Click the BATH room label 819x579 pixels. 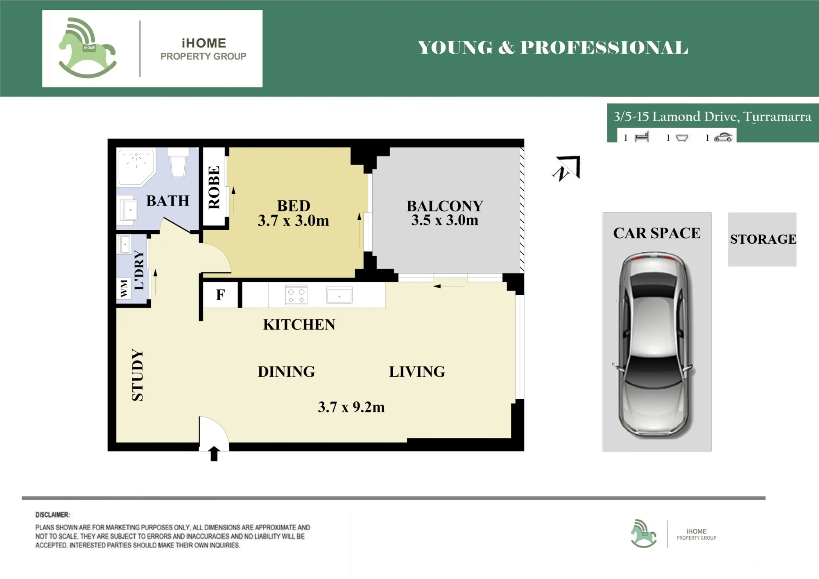pos(168,201)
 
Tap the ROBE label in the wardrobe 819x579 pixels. pos(214,187)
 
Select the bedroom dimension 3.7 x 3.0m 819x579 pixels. pos(293,221)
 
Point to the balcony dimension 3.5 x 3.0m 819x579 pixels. pos(445,220)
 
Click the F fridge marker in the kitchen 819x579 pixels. pos(220,294)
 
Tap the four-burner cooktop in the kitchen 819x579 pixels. pos(296,295)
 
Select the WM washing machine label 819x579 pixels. pos(124,288)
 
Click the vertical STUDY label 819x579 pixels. pos(138,375)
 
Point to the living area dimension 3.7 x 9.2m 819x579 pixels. pos(351,407)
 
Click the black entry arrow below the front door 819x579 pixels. pos(214,454)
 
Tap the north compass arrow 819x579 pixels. pos(567,168)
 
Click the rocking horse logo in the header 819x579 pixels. pos(88,48)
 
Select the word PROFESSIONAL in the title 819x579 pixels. pos(604,48)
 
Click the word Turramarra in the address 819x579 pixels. pos(777,117)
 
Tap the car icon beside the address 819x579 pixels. pos(723,138)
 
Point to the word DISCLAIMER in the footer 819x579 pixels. pos(52,515)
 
